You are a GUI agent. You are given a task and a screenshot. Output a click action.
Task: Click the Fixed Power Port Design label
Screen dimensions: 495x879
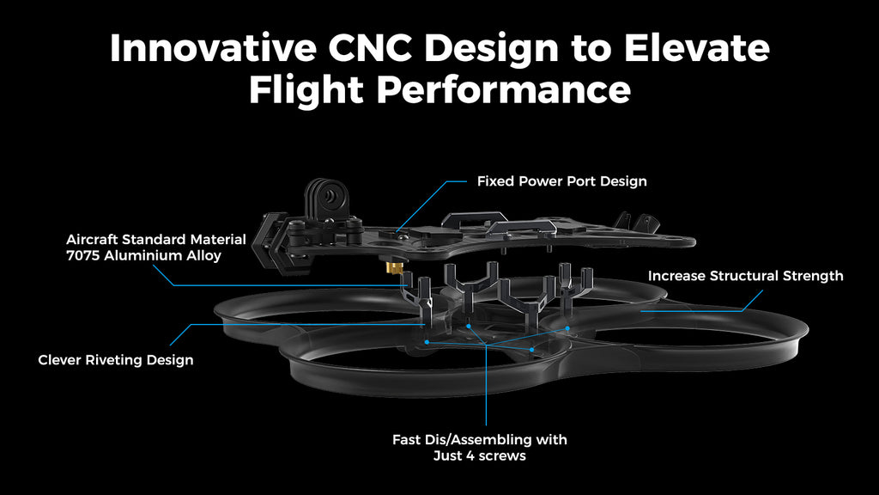[x=561, y=181]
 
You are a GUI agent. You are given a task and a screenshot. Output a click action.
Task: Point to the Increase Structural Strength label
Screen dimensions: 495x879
[x=745, y=276]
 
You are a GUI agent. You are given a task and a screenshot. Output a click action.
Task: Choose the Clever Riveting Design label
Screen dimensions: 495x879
[x=116, y=360]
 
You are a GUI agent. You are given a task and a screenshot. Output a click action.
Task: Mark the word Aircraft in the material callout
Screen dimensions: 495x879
[x=93, y=239]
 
